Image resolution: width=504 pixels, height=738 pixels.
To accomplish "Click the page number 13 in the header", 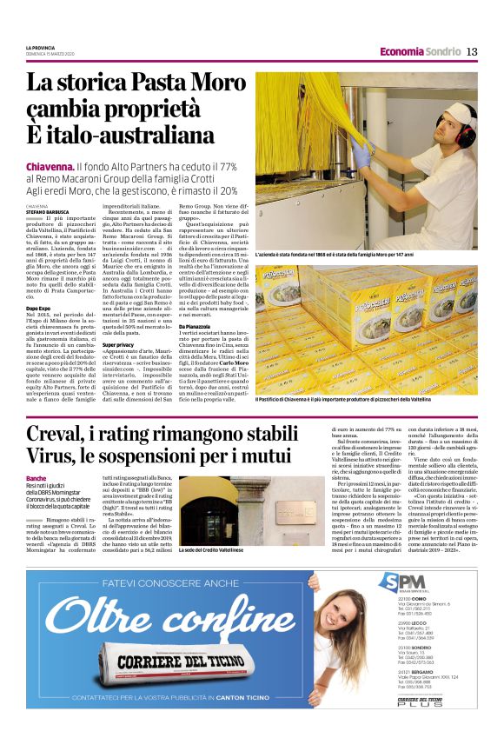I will [472, 51].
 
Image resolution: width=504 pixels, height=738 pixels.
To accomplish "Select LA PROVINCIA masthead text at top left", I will [41, 47].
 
